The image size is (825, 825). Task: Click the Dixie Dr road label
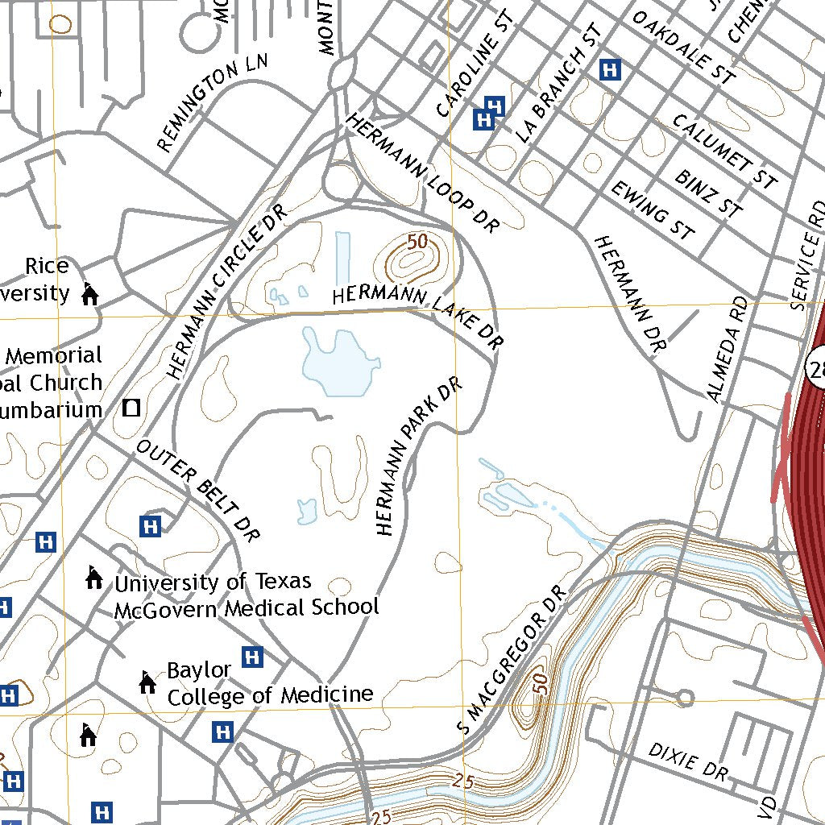point(687,761)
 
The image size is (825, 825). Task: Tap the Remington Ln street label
point(211,102)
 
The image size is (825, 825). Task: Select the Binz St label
point(708,193)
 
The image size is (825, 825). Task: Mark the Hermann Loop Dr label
point(423,173)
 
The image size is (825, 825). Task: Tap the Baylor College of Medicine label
point(269,683)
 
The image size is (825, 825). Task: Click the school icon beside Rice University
point(89,294)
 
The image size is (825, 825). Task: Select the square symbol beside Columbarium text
point(131,408)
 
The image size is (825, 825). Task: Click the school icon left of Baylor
point(147,682)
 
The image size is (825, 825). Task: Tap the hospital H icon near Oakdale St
point(611,70)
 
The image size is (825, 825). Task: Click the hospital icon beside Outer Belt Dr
point(150,526)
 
